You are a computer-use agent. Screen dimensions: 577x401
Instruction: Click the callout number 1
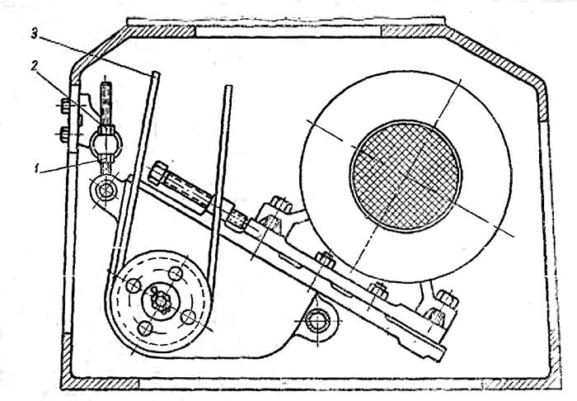(x=36, y=169)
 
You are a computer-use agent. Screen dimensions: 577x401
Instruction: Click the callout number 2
(x=34, y=68)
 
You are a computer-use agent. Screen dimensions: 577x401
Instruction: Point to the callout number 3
(x=35, y=35)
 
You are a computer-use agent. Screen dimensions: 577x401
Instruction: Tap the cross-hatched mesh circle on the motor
(x=406, y=176)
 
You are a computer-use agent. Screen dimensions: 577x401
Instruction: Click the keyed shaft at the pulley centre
(x=161, y=302)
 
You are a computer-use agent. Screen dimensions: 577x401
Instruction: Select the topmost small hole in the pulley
(x=176, y=273)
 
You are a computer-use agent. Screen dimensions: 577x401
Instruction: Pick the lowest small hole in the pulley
(x=145, y=328)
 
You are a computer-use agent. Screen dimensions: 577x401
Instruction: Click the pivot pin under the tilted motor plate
(x=317, y=321)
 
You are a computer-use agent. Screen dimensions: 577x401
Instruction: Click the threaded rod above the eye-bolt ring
(x=106, y=104)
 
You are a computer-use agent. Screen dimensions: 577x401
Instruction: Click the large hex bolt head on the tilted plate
(x=158, y=172)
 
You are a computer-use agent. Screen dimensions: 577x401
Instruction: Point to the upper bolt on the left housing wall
(x=65, y=105)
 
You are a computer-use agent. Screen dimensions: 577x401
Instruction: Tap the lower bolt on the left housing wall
(x=65, y=134)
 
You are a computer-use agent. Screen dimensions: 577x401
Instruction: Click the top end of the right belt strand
(x=229, y=87)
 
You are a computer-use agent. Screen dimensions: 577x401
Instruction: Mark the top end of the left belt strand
(x=155, y=73)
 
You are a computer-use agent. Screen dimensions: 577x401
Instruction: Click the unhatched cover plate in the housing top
(x=288, y=31)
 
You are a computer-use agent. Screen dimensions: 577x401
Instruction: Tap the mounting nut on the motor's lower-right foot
(x=448, y=299)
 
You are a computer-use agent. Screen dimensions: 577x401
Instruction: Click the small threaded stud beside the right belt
(x=236, y=219)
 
